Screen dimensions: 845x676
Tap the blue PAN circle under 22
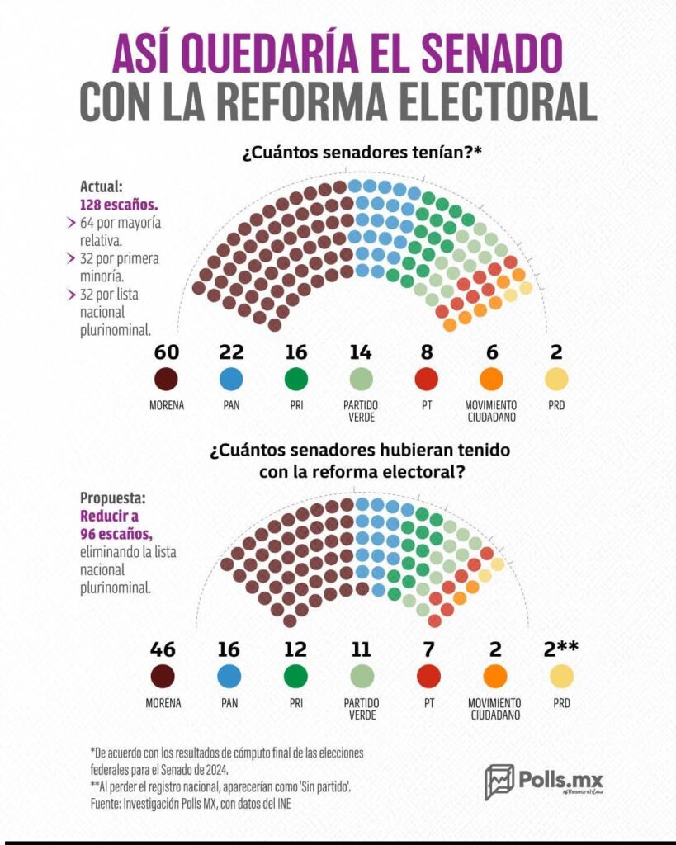coord(230,380)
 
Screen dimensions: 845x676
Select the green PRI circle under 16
coord(295,380)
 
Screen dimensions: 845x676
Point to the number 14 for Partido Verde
coord(361,352)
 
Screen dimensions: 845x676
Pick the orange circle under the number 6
coord(492,380)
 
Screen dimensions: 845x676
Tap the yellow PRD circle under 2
coord(556,380)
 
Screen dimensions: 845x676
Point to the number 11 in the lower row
coord(361,649)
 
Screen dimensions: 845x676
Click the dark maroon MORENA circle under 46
coord(163,677)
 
